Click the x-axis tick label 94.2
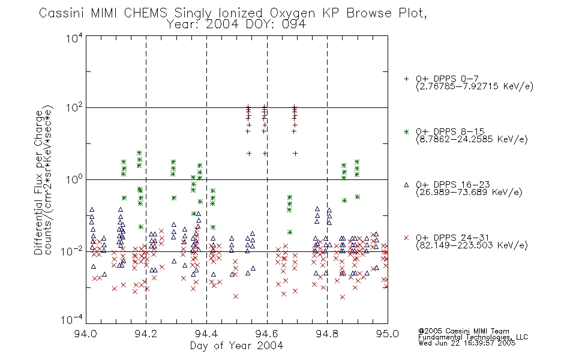click(x=146, y=334)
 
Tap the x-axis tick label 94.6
click(x=267, y=334)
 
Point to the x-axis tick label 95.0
click(x=388, y=334)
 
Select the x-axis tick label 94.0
click(x=85, y=334)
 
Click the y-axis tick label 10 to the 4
click(x=74, y=38)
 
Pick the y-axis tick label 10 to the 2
click(x=74, y=108)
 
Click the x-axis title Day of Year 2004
click(x=236, y=346)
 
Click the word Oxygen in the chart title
click(x=292, y=13)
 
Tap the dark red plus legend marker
click(x=406, y=79)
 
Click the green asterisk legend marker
click(x=406, y=131)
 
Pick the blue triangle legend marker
click(x=406, y=185)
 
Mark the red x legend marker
click(x=406, y=238)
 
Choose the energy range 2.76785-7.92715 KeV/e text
click(x=475, y=86)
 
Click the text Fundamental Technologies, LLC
click(x=473, y=337)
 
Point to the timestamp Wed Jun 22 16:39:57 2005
click(x=467, y=343)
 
